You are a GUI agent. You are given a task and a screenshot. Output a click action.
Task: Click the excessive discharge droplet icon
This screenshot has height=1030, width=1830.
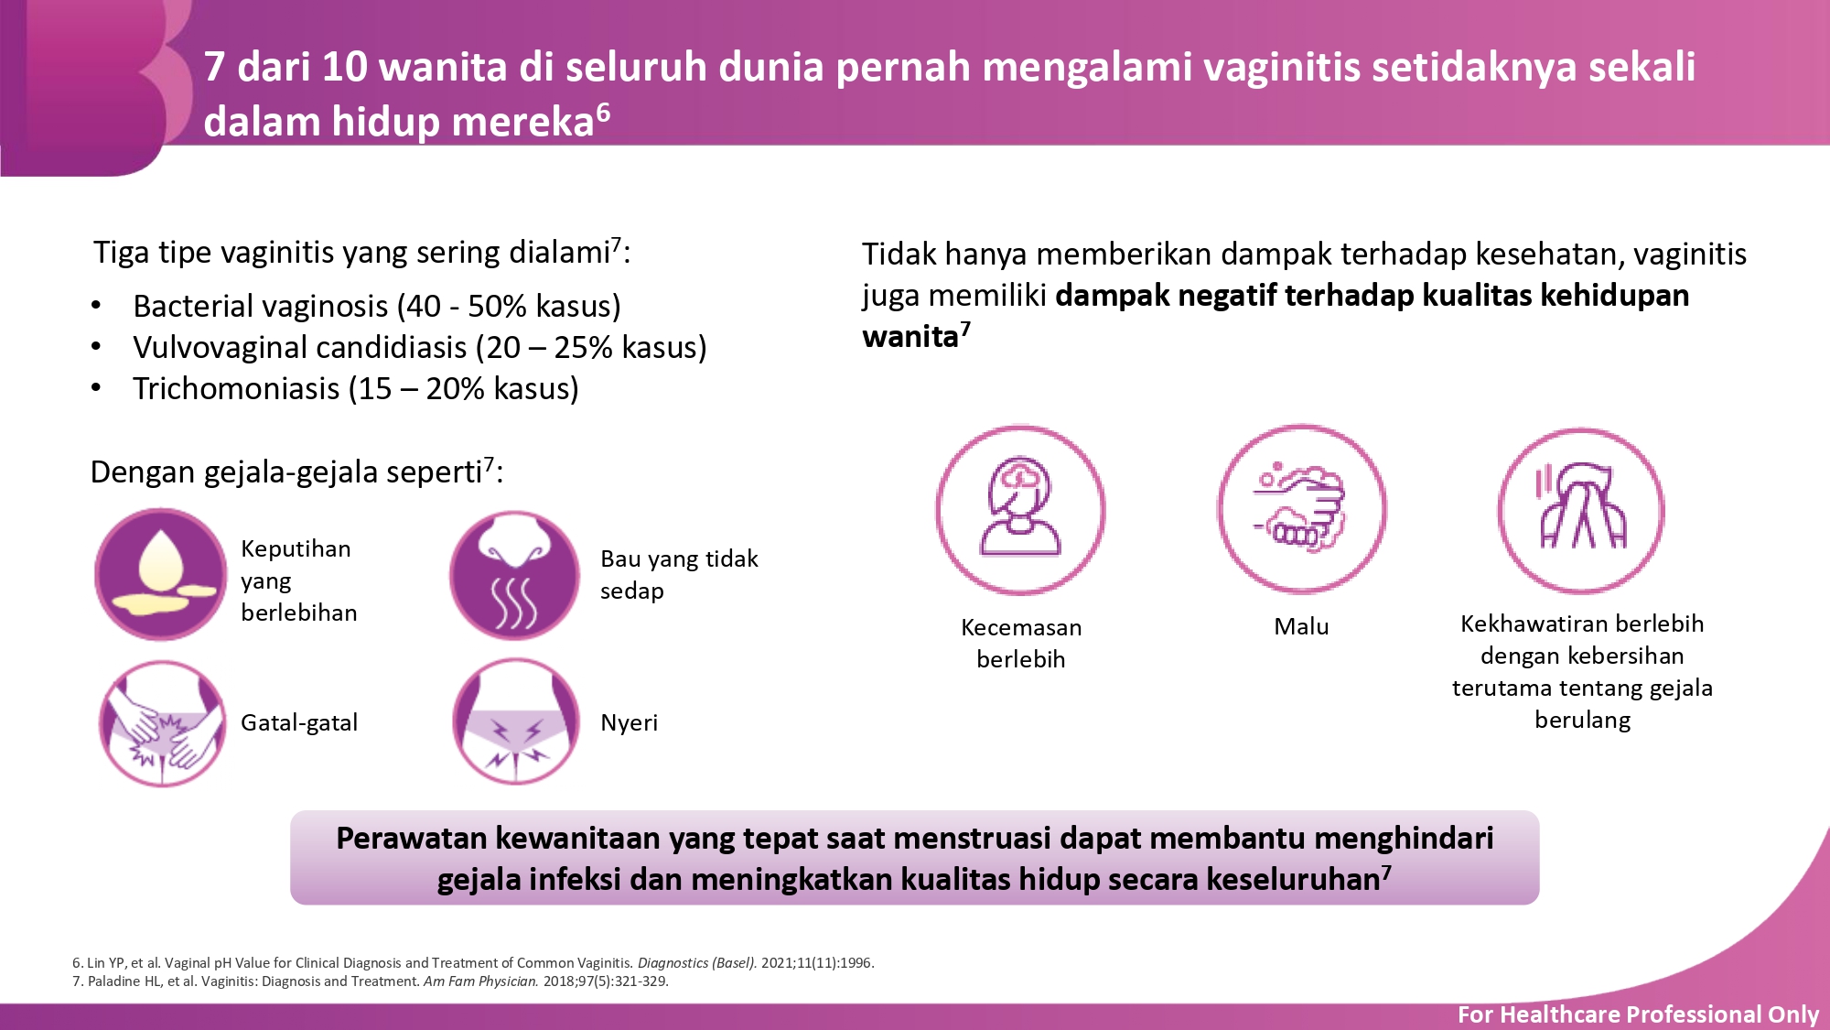[x=161, y=574]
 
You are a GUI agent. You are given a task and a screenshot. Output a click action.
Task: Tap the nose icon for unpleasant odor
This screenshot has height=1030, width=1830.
[x=514, y=575]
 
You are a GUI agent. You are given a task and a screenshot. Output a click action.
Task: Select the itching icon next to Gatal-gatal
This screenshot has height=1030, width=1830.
[x=161, y=722]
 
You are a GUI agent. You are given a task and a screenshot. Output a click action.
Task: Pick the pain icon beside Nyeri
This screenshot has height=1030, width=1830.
[x=516, y=721]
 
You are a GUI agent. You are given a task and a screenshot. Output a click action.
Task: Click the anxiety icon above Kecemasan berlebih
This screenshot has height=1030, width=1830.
[x=1020, y=510]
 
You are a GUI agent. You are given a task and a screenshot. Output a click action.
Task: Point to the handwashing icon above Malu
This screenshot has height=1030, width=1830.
[x=1301, y=509]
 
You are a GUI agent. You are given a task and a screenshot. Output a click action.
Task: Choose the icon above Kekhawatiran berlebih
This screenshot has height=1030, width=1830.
[x=1581, y=511]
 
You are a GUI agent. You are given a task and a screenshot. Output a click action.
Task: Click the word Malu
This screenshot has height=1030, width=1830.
[x=1301, y=626]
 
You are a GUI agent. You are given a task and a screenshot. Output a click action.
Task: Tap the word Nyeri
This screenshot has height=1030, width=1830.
[x=629, y=723]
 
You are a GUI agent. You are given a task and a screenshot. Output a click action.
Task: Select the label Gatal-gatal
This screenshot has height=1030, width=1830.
[x=299, y=722]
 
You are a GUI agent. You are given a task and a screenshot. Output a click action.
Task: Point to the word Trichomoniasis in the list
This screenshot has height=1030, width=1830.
[x=236, y=388]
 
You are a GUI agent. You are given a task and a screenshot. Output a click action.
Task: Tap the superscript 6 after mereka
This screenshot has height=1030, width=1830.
[x=603, y=112]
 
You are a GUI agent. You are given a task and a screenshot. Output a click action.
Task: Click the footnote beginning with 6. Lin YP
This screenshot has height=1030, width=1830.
[x=473, y=962]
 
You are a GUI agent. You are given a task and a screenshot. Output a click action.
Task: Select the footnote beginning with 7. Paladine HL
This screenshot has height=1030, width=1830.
[x=371, y=981]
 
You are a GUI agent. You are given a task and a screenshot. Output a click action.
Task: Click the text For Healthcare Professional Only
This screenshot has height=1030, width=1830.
[x=1638, y=1014]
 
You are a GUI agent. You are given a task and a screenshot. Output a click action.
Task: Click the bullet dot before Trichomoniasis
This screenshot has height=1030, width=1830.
[x=96, y=388]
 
